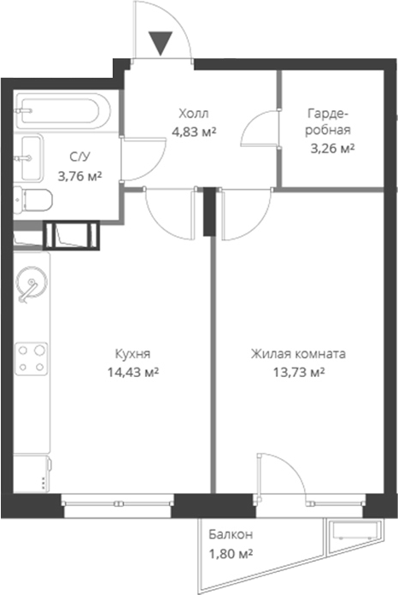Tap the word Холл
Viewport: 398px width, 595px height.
pyautogui.click(x=194, y=114)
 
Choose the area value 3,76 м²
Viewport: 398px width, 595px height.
pyautogui.click(x=79, y=176)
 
